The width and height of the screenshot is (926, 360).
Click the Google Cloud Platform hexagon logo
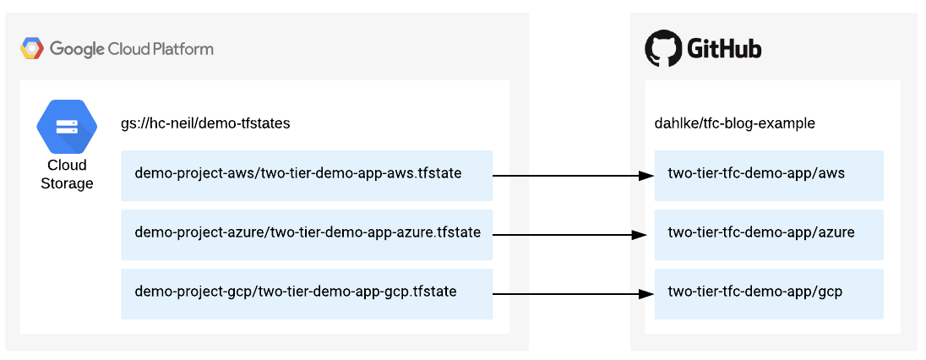(32, 49)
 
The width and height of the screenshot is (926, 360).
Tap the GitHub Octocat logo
(663, 49)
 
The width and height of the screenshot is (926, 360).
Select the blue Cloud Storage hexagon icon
(67, 127)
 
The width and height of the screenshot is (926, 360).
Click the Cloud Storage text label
(67, 174)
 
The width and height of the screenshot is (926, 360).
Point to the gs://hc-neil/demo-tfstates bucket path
(205, 123)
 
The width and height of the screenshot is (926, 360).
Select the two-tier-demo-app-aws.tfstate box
(307, 175)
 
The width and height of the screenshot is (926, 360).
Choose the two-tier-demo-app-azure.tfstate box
(307, 234)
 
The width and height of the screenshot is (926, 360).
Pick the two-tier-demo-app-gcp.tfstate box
(307, 293)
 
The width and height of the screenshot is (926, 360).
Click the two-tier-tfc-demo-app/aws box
(769, 175)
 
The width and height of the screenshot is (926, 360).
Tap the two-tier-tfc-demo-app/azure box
(769, 234)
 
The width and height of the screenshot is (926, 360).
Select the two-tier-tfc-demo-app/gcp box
(769, 293)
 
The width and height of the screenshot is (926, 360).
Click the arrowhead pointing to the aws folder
(646, 176)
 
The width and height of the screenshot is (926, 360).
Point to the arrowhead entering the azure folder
(638, 235)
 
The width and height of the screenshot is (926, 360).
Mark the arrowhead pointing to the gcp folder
(646, 294)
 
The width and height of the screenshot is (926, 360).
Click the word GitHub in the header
(724, 49)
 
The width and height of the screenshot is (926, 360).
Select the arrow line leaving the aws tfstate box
(510, 176)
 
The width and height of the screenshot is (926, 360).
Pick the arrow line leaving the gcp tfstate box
(510, 294)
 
